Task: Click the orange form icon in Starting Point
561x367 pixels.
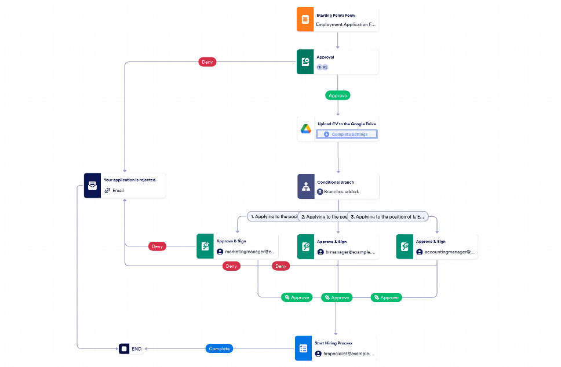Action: (305, 19)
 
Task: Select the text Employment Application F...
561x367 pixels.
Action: (345, 26)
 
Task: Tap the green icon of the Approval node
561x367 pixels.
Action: (305, 62)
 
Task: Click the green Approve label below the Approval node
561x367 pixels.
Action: (338, 95)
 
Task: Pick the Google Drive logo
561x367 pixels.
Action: (305, 130)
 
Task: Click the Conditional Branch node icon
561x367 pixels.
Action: (306, 187)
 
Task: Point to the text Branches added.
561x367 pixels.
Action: (341, 191)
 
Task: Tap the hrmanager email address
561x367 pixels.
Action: (351, 253)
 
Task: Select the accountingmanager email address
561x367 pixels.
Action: (450, 252)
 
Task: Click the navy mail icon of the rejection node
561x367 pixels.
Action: (92, 186)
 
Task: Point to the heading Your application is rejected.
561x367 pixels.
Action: (130, 180)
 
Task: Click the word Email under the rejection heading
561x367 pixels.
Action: (118, 190)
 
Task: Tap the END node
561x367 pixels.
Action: (131, 349)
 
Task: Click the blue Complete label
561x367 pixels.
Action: (220, 348)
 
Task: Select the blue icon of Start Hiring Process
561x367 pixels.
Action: (303, 348)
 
